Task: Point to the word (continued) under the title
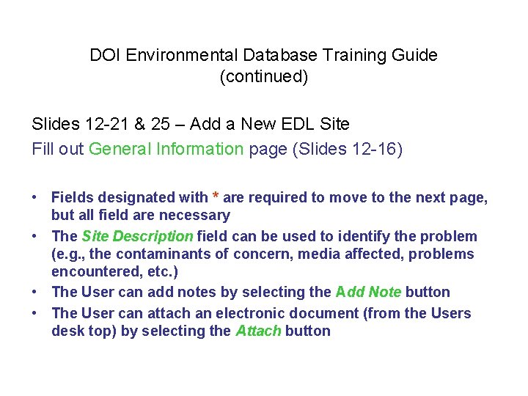264,76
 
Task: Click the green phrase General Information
166,149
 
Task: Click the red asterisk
216,198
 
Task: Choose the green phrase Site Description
137,237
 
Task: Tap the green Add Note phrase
368,292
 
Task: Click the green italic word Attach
258,331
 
